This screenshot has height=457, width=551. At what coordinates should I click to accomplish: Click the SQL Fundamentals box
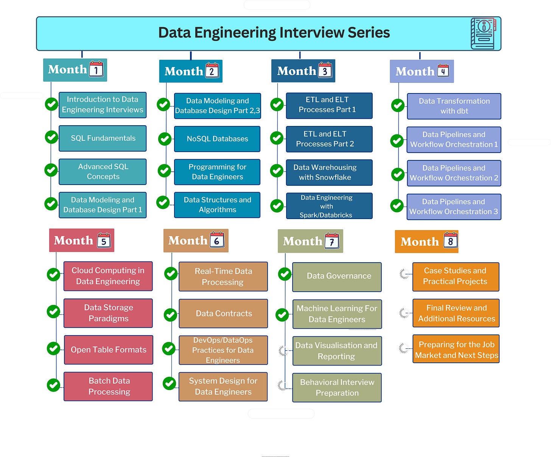[x=103, y=138]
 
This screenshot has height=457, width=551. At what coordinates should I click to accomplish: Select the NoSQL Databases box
[x=217, y=139]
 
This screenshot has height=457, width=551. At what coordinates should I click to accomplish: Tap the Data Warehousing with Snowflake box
[x=329, y=173]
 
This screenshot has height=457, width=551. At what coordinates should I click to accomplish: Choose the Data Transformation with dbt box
[x=454, y=106]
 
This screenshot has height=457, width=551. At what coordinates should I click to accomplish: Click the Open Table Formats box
[x=108, y=350]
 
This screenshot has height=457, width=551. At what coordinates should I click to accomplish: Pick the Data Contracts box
[x=223, y=314]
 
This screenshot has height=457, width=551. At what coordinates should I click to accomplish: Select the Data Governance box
[x=337, y=276]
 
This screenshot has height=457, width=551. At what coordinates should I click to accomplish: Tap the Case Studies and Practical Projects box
[x=456, y=277]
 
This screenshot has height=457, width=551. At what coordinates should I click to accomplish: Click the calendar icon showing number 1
[x=96, y=69]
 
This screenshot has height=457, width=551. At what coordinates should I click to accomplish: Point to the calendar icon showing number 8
[x=450, y=240]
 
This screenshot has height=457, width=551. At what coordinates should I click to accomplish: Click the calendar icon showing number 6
[x=217, y=240]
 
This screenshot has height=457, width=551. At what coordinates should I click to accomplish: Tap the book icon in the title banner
[x=483, y=34]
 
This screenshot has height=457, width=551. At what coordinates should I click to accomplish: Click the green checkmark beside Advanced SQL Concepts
[x=51, y=170]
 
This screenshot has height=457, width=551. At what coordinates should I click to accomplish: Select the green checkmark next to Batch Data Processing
[x=53, y=385]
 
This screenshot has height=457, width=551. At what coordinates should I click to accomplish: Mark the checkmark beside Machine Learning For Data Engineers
[x=282, y=314]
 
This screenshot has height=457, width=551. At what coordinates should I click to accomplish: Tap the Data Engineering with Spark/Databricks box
[x=329, y=206]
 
